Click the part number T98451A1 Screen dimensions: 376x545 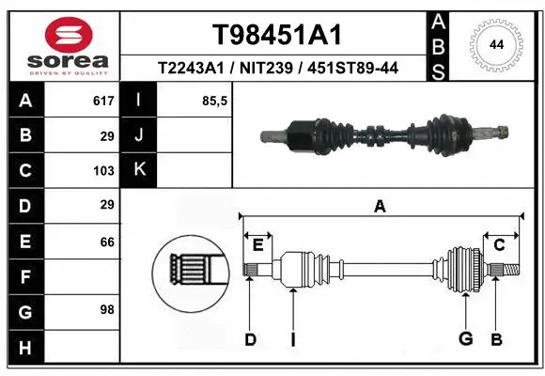[x=275, y=35]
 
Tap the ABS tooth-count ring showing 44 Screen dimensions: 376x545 [x=496, y=44]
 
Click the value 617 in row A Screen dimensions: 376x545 [x=103, y=100]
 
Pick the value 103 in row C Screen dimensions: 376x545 [x=103, y=171]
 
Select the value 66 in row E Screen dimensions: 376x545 [x=107, y=242]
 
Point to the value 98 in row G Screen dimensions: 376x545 [x=107, y=309]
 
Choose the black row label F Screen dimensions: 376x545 [x=24, y=276]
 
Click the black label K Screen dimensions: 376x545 [x=140, y=170]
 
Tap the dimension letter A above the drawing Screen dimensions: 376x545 [x=380, y=207]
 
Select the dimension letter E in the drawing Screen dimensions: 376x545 [x=257, y=244]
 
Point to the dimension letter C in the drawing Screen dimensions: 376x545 [x=500, y=244]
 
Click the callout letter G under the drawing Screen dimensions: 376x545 [x=465, y=338]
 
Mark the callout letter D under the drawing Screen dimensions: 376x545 [x=250, y=338]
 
